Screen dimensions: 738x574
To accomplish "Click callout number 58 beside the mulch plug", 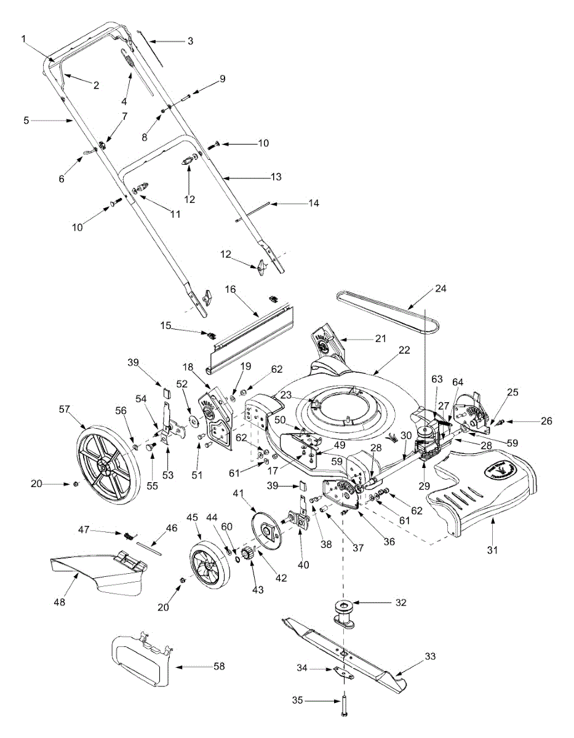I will click(218, 666).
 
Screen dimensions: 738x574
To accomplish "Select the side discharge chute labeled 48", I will click(98, 572).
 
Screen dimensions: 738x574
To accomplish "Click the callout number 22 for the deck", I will click(404, 349).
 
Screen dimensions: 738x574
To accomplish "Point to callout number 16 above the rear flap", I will click(231, 288).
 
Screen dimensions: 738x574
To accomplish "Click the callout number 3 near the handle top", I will click(190, 41).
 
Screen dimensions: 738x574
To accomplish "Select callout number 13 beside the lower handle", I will click(276, 177).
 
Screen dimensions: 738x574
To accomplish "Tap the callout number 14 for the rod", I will click(314, 202).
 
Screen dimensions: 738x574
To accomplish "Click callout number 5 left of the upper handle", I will click(26, 121).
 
